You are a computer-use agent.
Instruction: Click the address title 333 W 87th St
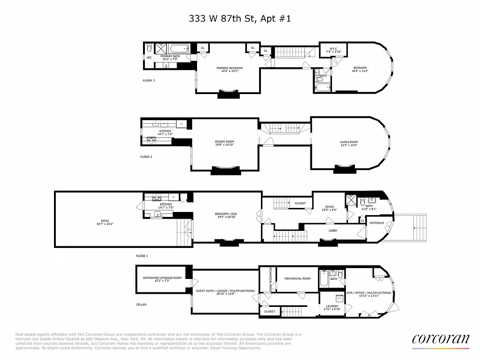(x=240, y=18)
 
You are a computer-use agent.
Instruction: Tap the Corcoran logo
(x=440, y=339)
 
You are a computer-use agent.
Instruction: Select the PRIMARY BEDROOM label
(x=229, y=68)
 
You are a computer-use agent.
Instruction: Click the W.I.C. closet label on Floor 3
(x=333, y=49)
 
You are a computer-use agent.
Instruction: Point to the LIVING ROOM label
(x=349, y=142)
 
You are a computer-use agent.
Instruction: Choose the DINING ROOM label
(x=224, y=142)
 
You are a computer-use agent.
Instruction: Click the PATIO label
(x=105, y=221)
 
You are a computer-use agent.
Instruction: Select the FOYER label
(x=329, y=207)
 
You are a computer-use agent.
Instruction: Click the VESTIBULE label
(x=377, y=223)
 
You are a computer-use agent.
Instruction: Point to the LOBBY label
(x=333, y=230)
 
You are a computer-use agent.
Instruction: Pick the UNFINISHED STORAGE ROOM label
(x=162, y=278)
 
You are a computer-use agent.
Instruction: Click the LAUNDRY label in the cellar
(x=332, y=306)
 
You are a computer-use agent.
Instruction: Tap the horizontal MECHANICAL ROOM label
(x=297, y=279)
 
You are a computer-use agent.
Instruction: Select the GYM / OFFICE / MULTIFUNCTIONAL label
(x=369, y=292)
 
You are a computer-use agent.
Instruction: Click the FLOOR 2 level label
(x=146, y=157)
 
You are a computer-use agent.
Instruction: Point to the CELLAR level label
(x=141, y=305)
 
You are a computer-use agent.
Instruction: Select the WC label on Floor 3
(x=149, y=58)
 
